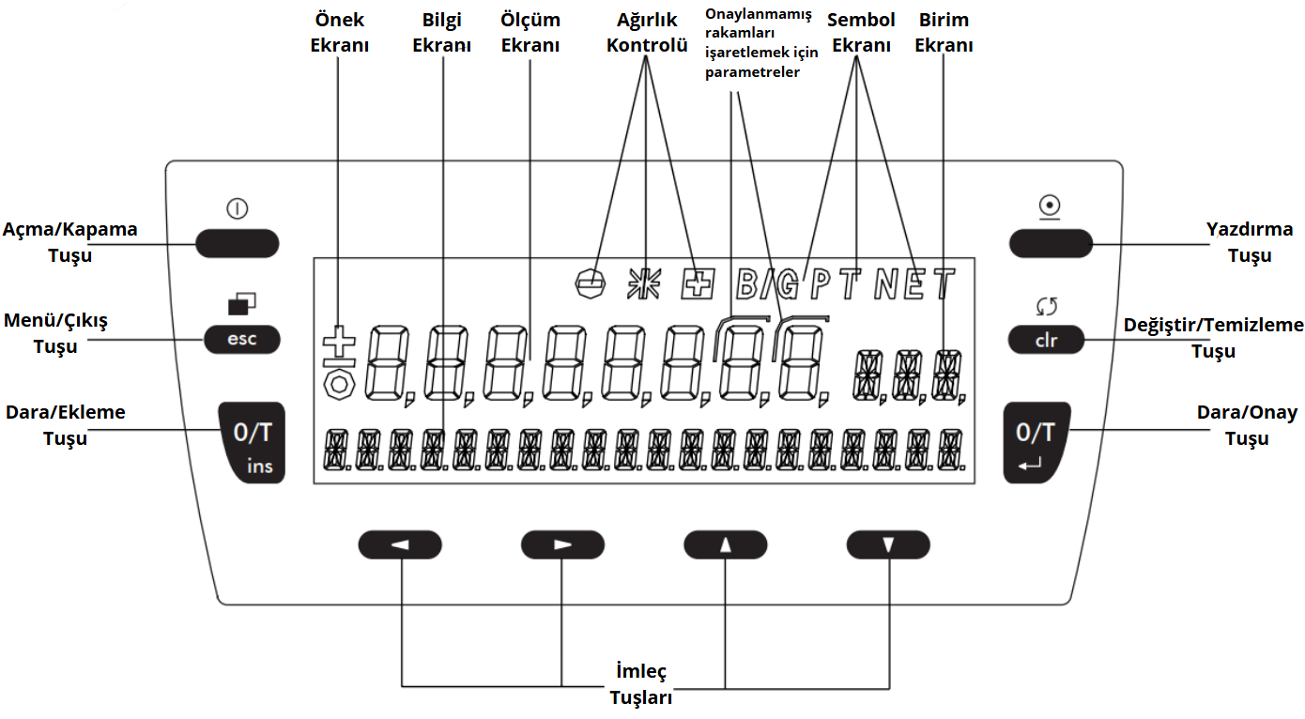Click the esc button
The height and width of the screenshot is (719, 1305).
point(242,339)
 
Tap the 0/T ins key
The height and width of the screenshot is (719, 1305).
point(253,442)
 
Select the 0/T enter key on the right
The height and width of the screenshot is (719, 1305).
point(1036,442)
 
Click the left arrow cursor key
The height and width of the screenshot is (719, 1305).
point(400,544)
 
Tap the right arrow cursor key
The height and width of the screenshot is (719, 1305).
point(562,544)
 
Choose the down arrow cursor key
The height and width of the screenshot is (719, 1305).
point(888,544)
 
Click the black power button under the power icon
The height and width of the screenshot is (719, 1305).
point(238,243)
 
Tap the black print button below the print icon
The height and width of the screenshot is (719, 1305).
point(1052,243)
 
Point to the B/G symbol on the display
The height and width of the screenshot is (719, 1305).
point(767,283)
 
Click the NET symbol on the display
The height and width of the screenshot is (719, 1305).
point(914,283)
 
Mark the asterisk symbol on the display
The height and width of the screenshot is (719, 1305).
point(644,283)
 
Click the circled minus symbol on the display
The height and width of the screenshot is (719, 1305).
point(590,283)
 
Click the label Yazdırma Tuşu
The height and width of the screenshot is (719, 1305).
point(1249,242)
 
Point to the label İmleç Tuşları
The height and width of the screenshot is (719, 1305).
point(641,684)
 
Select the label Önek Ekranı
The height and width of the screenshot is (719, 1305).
point(339,32)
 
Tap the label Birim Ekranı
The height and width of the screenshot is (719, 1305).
point(944,32)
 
